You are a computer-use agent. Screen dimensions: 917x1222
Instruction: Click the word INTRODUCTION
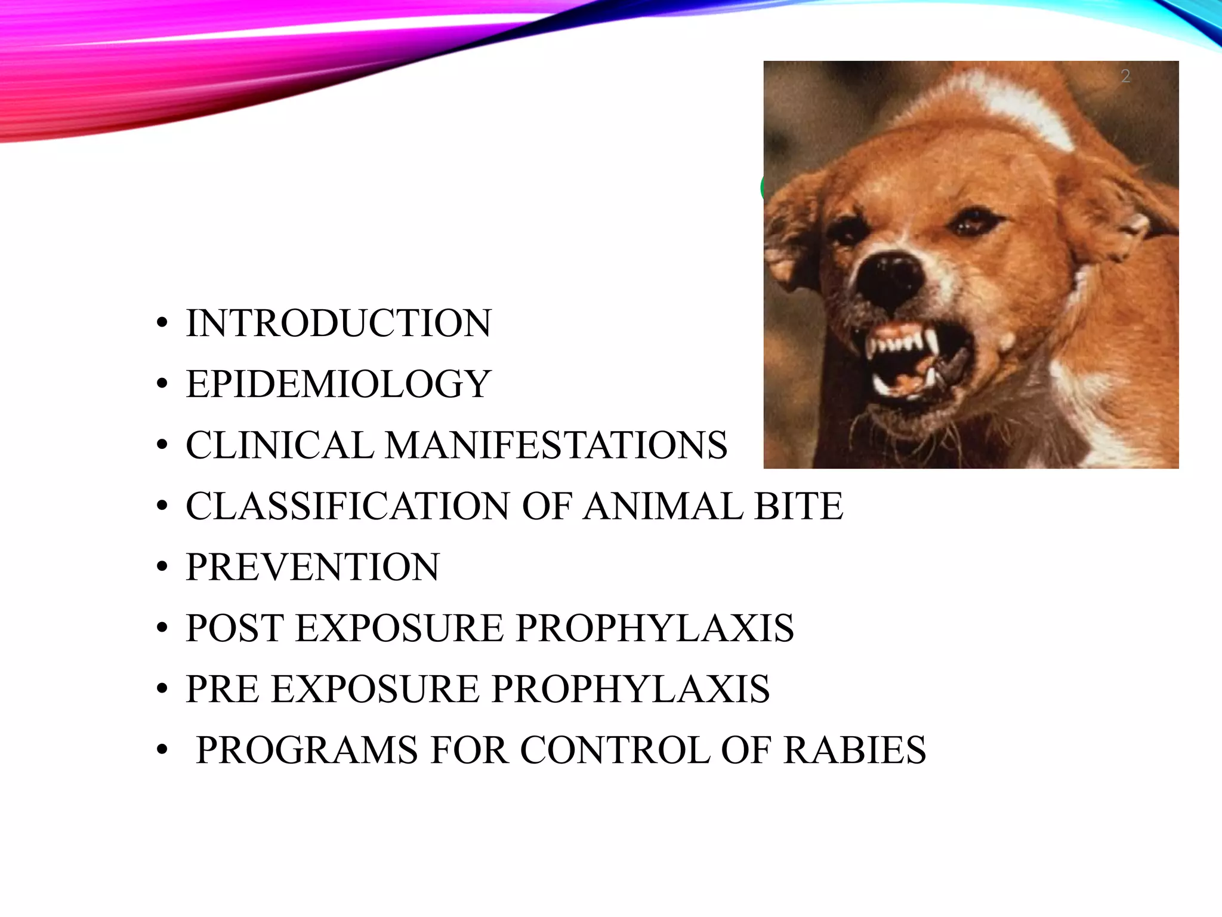pos(338,324)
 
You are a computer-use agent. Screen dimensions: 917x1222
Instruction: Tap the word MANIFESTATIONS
pos(556,445)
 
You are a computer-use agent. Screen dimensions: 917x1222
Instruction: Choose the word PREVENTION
pos(312,567)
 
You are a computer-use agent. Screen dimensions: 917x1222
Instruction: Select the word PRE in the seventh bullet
pos(222,689)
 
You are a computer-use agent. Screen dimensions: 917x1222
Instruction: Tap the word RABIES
pos(854,750)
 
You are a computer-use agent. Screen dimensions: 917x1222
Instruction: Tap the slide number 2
pos(1125,76)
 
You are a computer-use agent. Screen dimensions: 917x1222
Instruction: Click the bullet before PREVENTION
pos(162,567)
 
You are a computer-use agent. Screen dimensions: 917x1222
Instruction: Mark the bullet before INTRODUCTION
pos(162,324)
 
